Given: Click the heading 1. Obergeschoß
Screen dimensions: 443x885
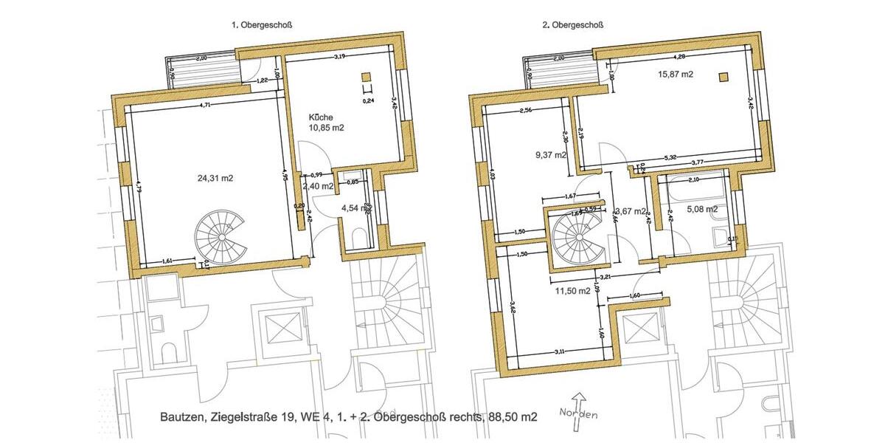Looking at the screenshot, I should click(x=262, y=24).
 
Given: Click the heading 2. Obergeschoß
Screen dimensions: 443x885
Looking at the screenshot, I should click(x=573, y=24).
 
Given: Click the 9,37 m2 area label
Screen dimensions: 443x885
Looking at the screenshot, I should click(x=551, y=155).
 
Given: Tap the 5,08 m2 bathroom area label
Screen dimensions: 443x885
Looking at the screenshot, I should click(x=702, y=210).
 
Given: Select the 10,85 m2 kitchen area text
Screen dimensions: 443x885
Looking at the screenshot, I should click(x=327, y=128).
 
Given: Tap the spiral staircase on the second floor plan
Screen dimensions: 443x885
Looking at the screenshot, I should click(x=577, y=237).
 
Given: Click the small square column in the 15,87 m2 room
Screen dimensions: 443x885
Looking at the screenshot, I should click(x=724, y=75).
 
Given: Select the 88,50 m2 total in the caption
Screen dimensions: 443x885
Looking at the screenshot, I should click(x=513, y=417).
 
